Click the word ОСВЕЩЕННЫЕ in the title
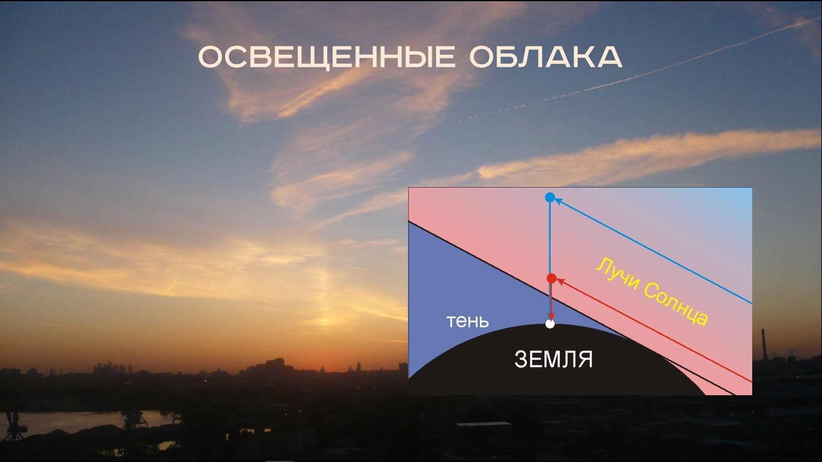327,57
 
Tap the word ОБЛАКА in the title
546,57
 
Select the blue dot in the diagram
550,197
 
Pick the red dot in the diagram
552,279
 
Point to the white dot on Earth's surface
550,324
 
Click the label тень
468,321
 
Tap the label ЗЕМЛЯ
554,359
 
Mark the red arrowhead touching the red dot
560,282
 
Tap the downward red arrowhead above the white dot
551,316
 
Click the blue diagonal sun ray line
653,251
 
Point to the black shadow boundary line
572,308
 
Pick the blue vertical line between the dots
550,238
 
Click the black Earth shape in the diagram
554,363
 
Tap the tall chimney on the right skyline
764,344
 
